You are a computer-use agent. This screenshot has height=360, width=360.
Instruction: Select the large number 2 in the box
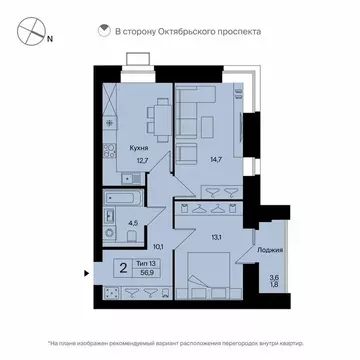121,268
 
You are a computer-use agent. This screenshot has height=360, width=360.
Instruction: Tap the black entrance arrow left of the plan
88,270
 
